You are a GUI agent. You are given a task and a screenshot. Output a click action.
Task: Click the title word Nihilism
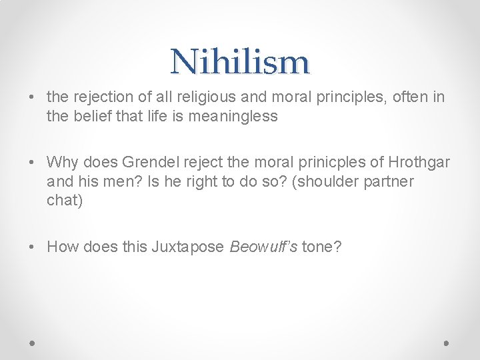(x=240, y=62)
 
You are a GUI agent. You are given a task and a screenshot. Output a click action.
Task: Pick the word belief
(x=98, y=116)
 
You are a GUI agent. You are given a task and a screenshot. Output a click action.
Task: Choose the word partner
(x=389, y=181)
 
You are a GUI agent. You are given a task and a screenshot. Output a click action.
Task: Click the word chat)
(x=65, y=200)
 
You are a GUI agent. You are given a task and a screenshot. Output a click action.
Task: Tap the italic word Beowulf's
(x=263, y=247)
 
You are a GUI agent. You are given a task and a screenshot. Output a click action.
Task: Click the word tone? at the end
(x=321, y=247)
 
